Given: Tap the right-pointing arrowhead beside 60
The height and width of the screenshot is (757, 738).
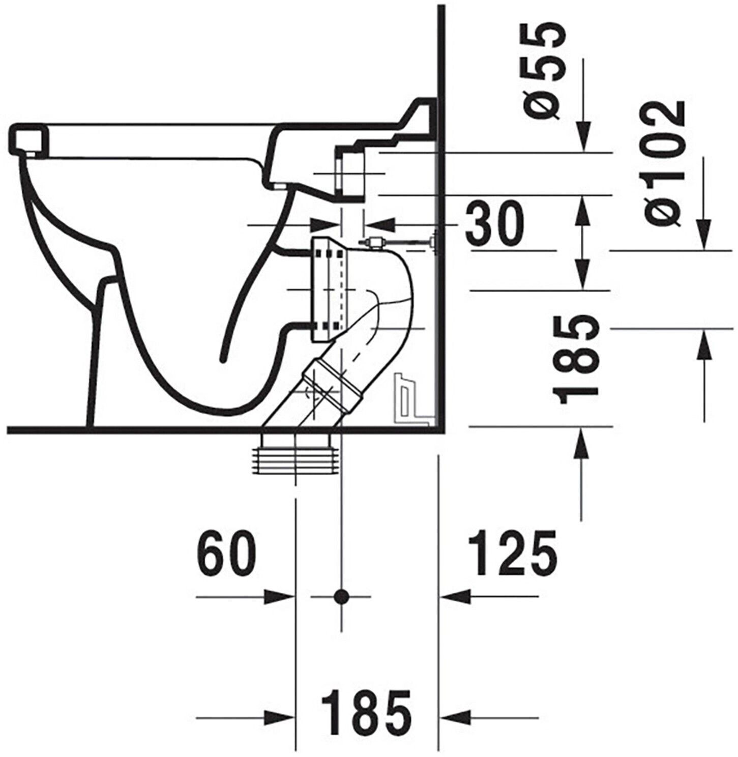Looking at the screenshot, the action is pyautogui.click(x=280, y=596).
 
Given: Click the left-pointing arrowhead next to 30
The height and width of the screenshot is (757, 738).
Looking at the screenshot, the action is pyautogui.click(x=379, y=224).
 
